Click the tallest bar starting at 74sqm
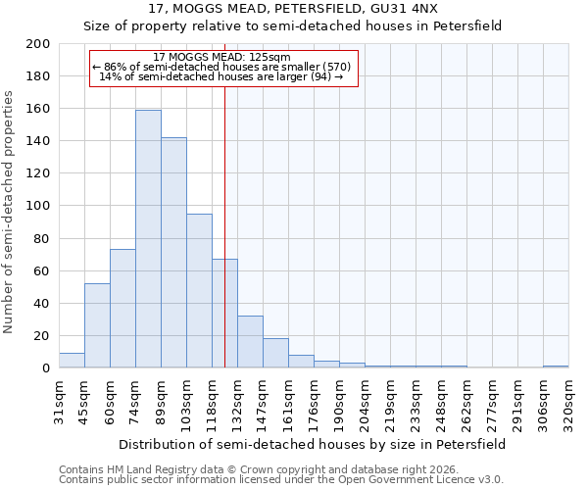(148, 239)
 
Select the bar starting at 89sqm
(173, 253)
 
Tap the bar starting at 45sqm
(97, 325)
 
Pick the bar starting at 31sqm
(72, 361)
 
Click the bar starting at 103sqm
(199, 291)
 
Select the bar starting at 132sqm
(250, 342)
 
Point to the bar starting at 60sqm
(122, 309)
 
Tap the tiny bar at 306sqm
(556, 367)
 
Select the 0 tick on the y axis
(46, 368)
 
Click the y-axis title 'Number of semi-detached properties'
(9, 212)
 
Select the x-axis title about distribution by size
(313, 444)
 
